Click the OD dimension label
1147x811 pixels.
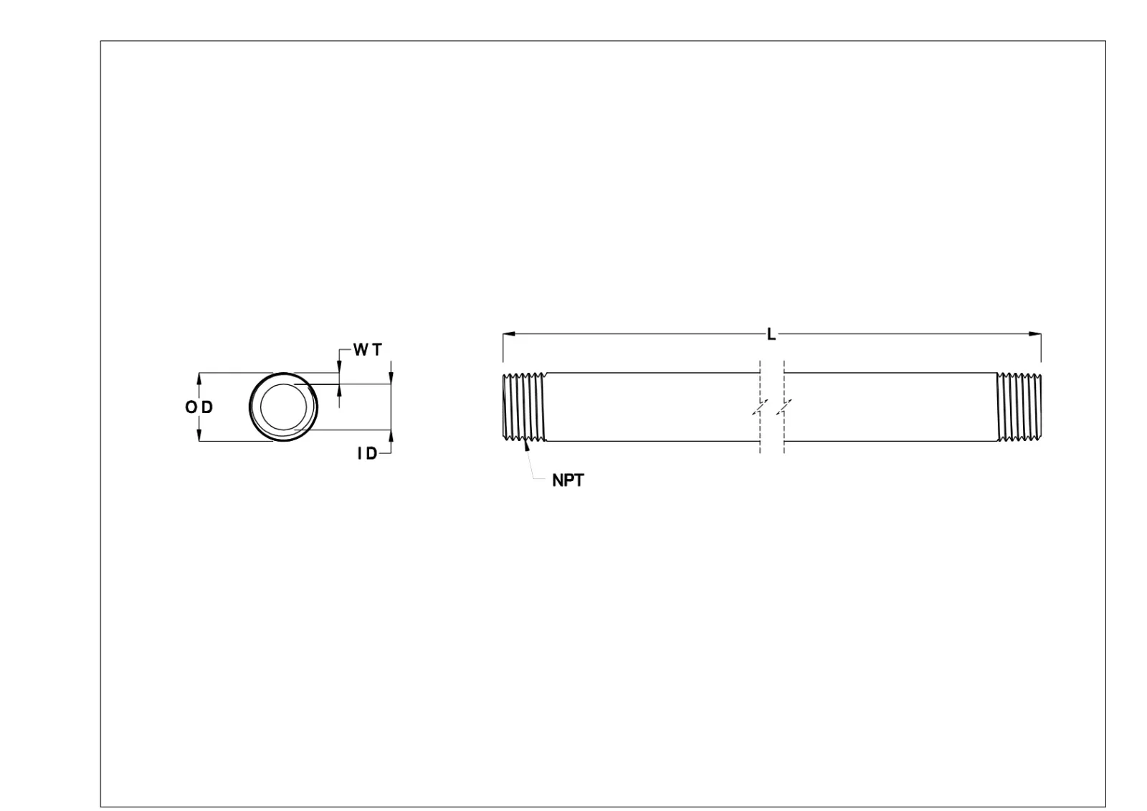coord(199,407)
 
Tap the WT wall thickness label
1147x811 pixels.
coord(368,350)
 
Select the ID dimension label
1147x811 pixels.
coord(367,453)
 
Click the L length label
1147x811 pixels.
coord(771,334)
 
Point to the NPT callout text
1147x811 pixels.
coord(568,480)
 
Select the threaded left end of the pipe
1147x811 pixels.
coord(524,407)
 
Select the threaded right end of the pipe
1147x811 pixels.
coord(1019,407)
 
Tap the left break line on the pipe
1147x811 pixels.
coord(760,407)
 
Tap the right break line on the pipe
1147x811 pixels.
coord(784,407)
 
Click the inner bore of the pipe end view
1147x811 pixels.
coord(284,407)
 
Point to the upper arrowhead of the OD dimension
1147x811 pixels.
coord(199,378)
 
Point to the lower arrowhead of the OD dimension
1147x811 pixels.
coord(199,435)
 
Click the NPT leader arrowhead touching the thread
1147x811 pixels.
coord(528,445)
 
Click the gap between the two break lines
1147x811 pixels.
coord(772,407)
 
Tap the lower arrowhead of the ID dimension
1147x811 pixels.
coord(391,436)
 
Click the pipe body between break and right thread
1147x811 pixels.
coord(889,407)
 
